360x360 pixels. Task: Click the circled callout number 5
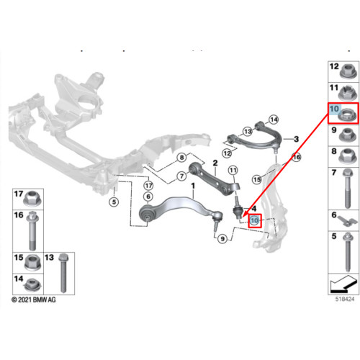click(114, 202)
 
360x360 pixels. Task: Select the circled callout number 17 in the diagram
click(148, 185)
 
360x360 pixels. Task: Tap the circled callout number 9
click(222, 239)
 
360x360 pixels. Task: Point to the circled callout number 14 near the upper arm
click(274, 120)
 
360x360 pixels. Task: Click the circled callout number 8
click(182, 158)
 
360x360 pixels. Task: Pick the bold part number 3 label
click(297, 139)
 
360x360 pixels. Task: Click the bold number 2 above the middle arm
click(215, 163)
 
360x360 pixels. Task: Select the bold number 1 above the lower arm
click(193, 186)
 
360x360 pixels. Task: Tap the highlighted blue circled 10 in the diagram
click(254, 220)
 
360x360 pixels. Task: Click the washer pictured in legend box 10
click(348, 115)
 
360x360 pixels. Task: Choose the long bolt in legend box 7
click(348, 189)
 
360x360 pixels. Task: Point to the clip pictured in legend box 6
click(347, 220)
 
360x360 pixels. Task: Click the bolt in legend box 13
click(63, 273)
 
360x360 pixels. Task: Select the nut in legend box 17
click(33, 199)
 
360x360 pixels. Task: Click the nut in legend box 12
click(348, 71)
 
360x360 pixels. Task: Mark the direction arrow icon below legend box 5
click(343, 284)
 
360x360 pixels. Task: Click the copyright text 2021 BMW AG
click(34, 300)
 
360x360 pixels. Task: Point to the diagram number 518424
click(345, 299)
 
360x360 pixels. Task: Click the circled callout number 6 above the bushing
click(148, 197)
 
